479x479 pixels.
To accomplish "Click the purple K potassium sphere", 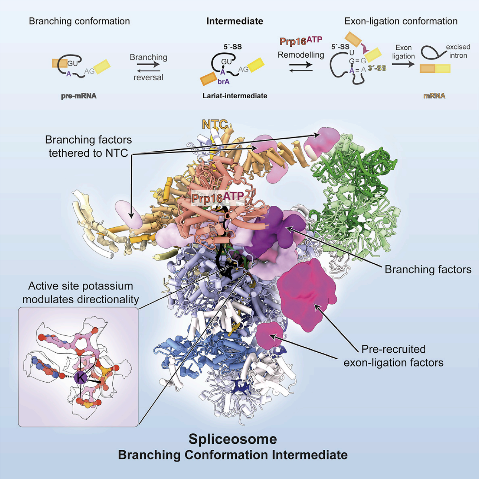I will pyautogui.click(x=81, y=377).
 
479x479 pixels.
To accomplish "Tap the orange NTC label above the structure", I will pyautogui.click(x=215, y=125).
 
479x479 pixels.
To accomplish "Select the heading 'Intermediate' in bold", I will pyautogui.click(x=234, y=21).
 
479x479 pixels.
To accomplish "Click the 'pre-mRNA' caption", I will pyautogui.click(x=79, y=96).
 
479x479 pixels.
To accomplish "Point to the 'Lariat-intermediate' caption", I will pyautogui.click(x=235, y=96).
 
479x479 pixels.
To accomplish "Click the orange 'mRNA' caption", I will pyautogui.click(x=434, y=96).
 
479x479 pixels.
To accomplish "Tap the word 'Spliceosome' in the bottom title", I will pyautogui.click(x=233, y=439).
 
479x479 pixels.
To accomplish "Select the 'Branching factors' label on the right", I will pyautogui.click(x=428, y=269).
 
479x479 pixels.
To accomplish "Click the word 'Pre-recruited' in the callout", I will pyautogui.click(x=393, y=349).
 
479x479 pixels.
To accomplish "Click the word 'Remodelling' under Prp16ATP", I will pyautogui.click(x=301, y=55).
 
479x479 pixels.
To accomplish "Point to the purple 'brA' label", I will pyautogui.click(x=223, y=82).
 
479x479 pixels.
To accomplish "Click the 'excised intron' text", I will pyautogui.click(x=458, y=51).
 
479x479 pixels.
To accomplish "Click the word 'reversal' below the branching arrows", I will pyautogui.click(x=148, y=77).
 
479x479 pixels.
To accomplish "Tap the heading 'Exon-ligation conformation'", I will pyautogui.click(x=401, y=21).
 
